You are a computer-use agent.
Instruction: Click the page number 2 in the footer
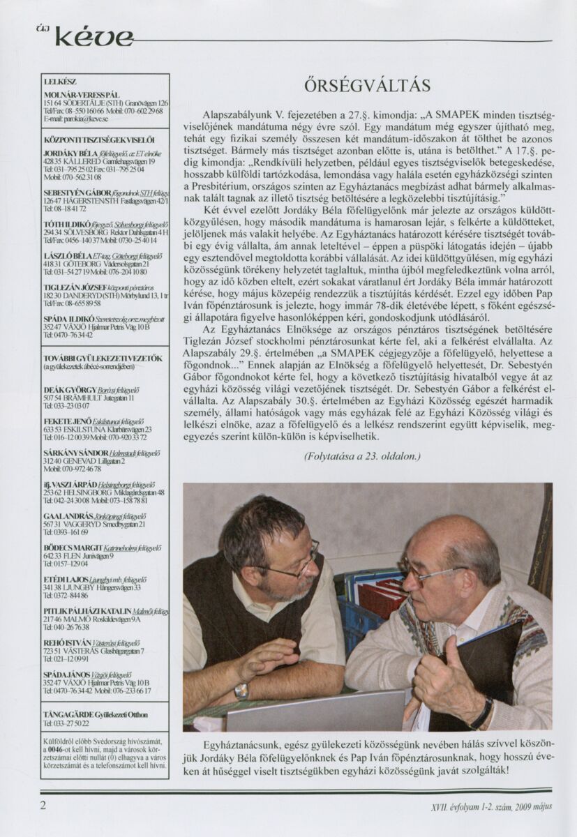43,804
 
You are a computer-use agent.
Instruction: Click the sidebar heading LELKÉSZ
59,82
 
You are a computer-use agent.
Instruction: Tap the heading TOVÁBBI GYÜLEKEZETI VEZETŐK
103,359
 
